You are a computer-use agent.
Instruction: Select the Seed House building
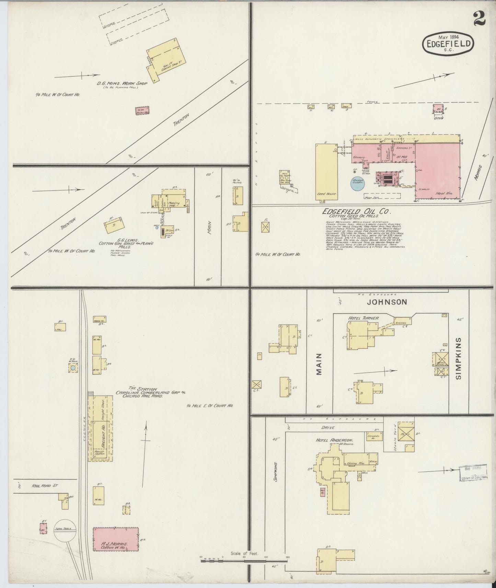[x=326, y=171]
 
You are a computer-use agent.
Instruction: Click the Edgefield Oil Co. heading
[x=356, y=212]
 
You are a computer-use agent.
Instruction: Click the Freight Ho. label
[x=102, y=435]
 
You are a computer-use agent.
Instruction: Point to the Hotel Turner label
[x=364, y=318]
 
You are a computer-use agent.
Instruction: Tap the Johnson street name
[x=387, y=302]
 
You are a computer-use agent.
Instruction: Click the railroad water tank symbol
[x=73, y=368]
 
